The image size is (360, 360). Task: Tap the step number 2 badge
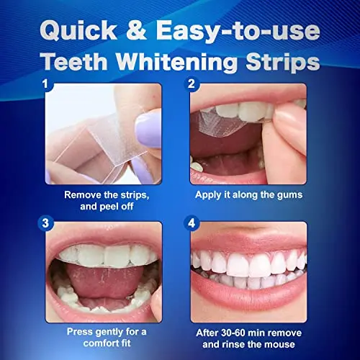coord(192,84)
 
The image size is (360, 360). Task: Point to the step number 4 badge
coord(192,222)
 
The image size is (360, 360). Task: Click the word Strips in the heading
coord(282,62)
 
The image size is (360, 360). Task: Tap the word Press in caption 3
coord(82,333)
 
